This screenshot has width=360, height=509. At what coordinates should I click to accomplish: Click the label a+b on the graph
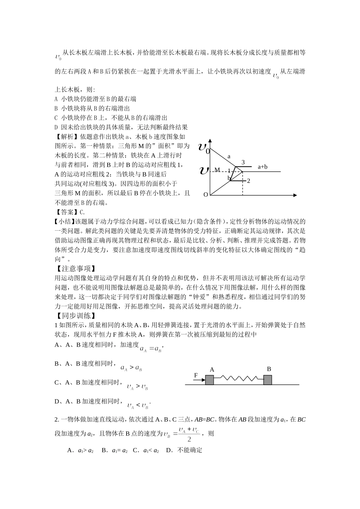coord(263,166)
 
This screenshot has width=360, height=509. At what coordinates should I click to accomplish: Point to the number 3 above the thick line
coord(243,162)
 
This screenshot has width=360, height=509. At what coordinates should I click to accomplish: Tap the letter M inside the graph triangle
coord(217,170)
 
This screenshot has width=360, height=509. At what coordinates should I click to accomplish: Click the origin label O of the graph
coord(206,195)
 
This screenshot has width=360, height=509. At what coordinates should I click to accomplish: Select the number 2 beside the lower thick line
coord(249,181)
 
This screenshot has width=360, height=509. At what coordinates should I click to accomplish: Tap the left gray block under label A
coord(210,380)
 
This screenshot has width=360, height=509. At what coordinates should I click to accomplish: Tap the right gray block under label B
coord(268,380)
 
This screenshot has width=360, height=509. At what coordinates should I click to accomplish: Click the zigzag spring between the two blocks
coord(239,379)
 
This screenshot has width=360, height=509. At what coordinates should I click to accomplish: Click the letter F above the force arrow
coord(196,375)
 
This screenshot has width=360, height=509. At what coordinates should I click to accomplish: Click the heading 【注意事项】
coord(74,269)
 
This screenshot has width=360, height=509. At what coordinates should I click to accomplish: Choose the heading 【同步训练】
coord(74,315)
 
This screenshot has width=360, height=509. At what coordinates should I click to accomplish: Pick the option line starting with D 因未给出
coord(121,127)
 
